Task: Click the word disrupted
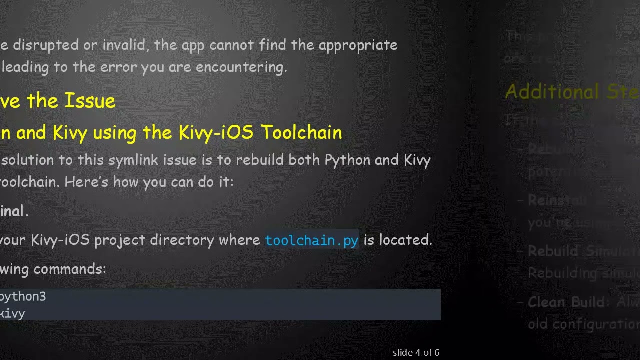pos(45,45)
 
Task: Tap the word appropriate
pos(358,45)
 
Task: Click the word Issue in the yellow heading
pos(90,101)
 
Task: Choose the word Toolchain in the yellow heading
pos(301,132)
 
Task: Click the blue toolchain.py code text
pos(311,240)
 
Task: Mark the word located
pos(405,240)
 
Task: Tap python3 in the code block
pos(23,297)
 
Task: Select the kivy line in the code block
pos(12,313)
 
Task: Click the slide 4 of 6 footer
pos(416,353)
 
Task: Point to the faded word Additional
pos(545,92)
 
